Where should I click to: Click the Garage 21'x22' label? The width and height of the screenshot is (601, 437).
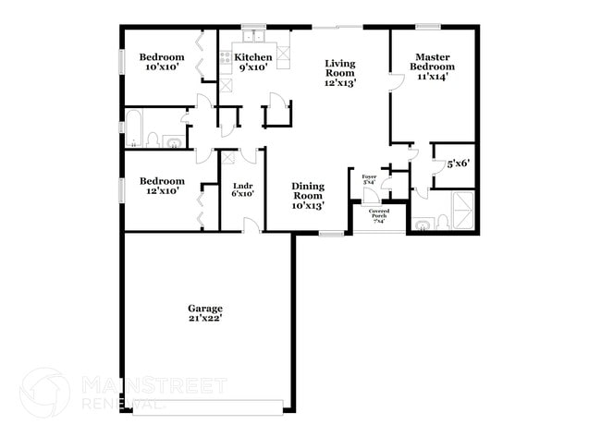pos(204,313)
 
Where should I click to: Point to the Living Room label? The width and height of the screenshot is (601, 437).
pos(339,72)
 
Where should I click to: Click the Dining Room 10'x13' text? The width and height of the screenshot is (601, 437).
pos(308,195)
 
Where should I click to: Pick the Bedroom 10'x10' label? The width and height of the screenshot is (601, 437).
pos(162,62)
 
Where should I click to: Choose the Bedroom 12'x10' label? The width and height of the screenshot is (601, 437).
pos(162,186)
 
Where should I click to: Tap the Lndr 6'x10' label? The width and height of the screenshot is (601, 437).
pos(242,189)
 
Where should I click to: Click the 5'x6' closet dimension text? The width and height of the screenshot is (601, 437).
pos(459,164)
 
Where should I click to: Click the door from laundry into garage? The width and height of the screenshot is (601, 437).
pos(250,224)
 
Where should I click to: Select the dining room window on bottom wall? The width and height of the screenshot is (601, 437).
pos(331,234)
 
